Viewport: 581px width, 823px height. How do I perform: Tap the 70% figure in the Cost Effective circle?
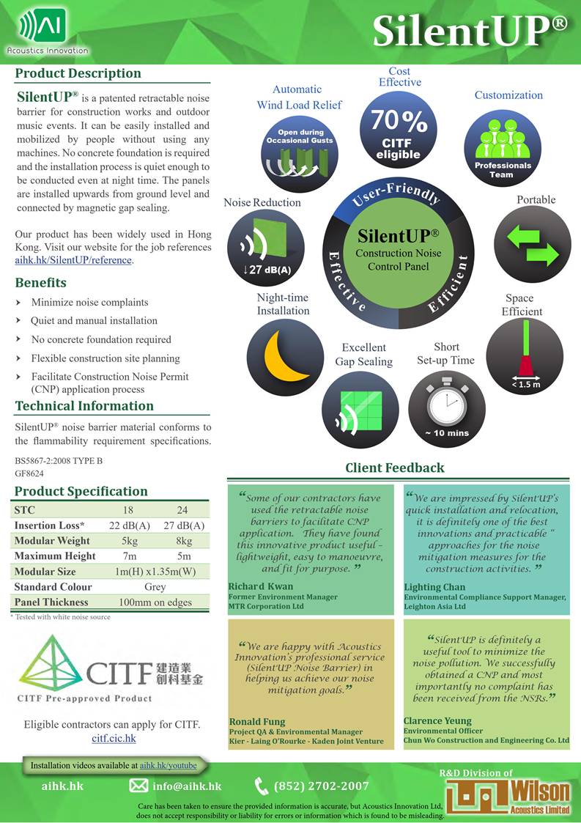click(x=399, y=119)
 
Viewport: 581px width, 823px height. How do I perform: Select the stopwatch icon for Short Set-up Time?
click(x=445, y=402)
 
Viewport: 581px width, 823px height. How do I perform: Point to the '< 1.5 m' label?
click(x=525, y=384)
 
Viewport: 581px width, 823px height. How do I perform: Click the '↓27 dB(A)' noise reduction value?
click(x=267, y=270)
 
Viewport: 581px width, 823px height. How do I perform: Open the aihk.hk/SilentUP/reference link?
click(x=73, y=260)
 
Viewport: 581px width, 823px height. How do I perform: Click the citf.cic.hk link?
click(x=114, y=738)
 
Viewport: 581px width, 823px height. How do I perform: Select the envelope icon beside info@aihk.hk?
click(x=138, y=786)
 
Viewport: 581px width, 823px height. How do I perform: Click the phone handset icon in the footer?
click(x=262, y=786)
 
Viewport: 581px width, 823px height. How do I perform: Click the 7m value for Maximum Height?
click(x=130, y=556)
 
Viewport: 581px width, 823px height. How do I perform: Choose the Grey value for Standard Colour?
click(x=155, y=587)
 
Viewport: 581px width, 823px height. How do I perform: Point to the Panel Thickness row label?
click(x=51, y=602)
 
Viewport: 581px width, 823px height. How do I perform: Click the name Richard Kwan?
click(x=260, y=586)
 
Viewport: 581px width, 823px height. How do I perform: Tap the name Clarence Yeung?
click(x=437, y=721)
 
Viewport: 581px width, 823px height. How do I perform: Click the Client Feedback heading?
click(x=395, y=468)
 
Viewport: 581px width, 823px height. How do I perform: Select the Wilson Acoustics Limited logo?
click(x=508, y=794)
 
